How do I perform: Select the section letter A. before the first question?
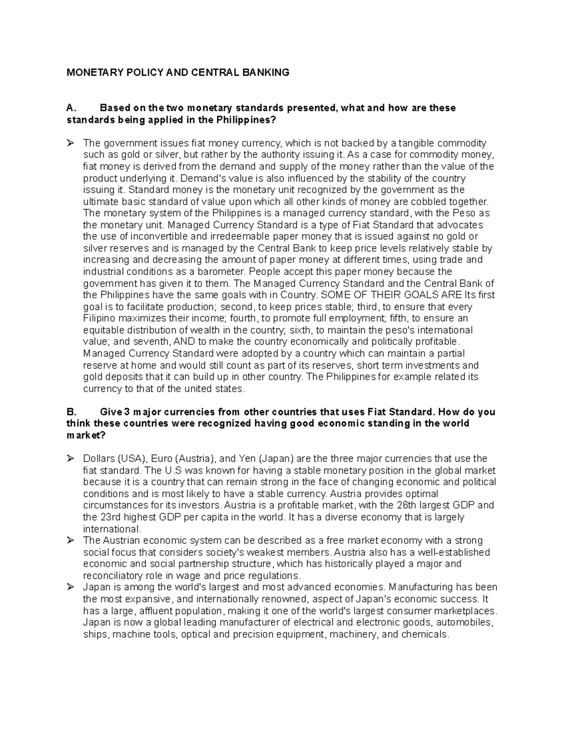coord(71,108)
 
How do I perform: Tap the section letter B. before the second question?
coord(71,411)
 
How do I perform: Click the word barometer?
coord(223,271)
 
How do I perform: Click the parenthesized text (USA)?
coord(133,459)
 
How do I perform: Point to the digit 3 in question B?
coord(125,411)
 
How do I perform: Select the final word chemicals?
coord(425,634)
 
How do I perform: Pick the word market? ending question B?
coord(86,435)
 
